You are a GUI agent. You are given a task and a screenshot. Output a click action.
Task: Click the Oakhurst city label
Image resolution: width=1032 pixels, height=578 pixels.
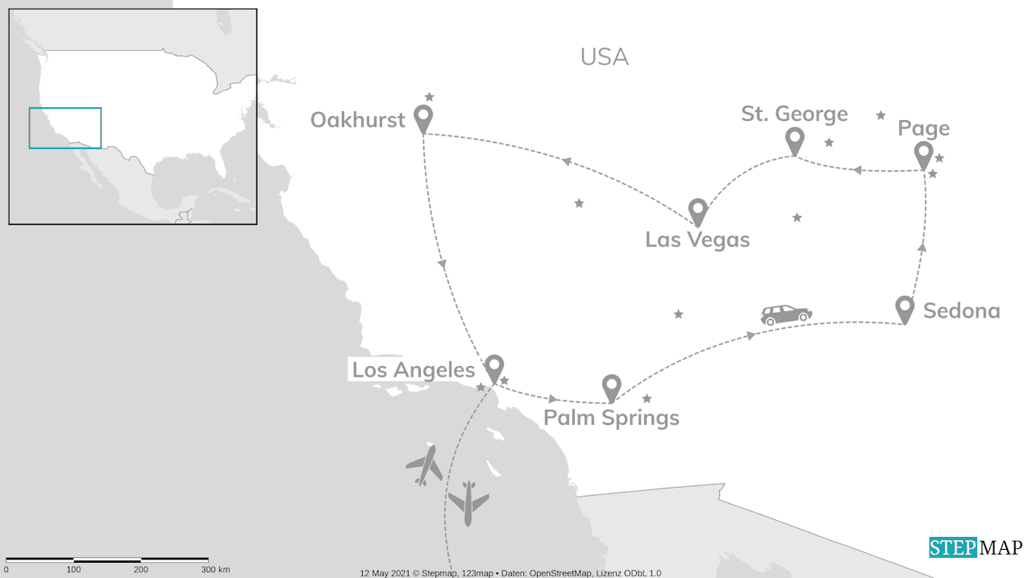click(357, 120)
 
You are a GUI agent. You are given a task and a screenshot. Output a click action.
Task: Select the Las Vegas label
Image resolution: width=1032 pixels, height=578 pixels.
click(697, 239)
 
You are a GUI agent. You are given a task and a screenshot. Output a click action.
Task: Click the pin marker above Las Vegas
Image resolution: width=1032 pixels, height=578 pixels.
click(698, 211)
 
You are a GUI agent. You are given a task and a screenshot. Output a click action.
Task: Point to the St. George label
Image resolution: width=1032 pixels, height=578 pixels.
click(794, 114)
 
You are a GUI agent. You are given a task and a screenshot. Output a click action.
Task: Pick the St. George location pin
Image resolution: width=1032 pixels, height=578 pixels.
click(795, 140)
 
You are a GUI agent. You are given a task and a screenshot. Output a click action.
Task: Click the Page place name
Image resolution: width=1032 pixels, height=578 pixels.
click(923, 128)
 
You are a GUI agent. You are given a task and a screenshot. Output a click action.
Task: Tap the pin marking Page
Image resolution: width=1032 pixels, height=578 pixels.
click(924, 155)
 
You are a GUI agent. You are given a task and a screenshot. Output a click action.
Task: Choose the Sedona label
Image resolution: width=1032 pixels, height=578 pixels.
click(961, 310)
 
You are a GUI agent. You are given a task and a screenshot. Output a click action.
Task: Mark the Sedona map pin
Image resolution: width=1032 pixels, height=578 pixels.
click(905, 309)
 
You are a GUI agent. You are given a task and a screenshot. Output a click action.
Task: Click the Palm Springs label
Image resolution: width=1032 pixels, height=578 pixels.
click(611, 418)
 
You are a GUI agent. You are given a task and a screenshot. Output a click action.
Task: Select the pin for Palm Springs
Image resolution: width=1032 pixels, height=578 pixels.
click(612, 388)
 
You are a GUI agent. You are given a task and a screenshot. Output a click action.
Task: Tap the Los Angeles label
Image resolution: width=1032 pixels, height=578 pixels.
click(414, 370)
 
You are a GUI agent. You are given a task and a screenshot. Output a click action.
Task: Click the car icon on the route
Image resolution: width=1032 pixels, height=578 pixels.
click(786, 314)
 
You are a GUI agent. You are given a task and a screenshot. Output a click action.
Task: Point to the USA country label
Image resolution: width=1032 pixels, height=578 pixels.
click(604, 57)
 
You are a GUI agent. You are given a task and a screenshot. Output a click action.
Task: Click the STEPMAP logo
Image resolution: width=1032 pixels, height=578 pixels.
click(976, 547)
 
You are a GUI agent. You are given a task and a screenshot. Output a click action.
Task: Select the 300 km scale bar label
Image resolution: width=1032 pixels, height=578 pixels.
click(215, 570)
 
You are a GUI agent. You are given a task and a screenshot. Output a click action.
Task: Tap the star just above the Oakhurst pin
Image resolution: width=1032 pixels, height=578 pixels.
click(429, 97)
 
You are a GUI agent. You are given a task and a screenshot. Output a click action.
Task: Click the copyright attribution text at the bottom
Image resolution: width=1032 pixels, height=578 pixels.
click(510, 573)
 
